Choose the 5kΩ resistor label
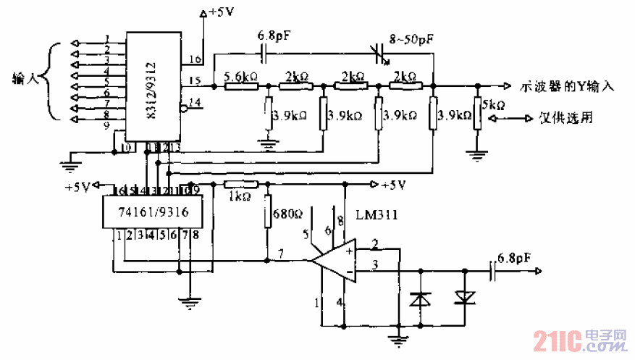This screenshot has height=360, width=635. [x=494, y=105]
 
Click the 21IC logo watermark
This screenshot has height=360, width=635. [x=580, y=340]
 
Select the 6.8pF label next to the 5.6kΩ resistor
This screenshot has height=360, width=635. [x=274, y=35]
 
